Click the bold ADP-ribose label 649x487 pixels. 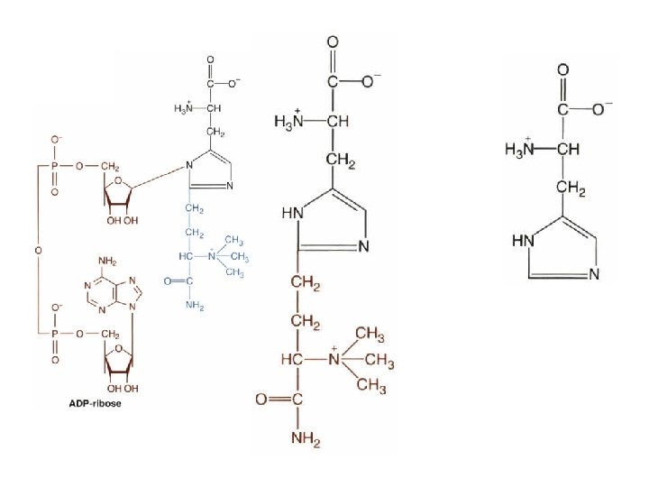coord(95,403)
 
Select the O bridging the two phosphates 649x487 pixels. coord(39,246)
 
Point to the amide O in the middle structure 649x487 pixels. coord(261,399)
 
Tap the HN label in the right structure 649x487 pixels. coord(522,242)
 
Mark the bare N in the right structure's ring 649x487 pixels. coord(593,274)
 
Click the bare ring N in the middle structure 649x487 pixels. coord(364,246)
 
